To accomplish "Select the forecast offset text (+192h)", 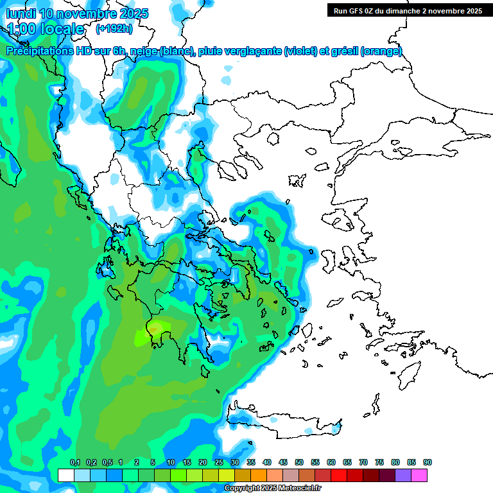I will (114, 28).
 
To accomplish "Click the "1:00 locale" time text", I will (46, 29).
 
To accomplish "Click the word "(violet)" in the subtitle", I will (300, 51).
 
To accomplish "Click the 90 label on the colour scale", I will (428, 462).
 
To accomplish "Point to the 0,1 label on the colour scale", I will (74, 462).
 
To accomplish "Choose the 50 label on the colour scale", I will (299, 462).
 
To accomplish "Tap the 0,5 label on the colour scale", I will (107, 462).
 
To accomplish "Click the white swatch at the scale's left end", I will (66, 475).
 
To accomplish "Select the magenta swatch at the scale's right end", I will (419, 475).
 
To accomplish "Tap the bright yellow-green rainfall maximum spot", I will (145, 334).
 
